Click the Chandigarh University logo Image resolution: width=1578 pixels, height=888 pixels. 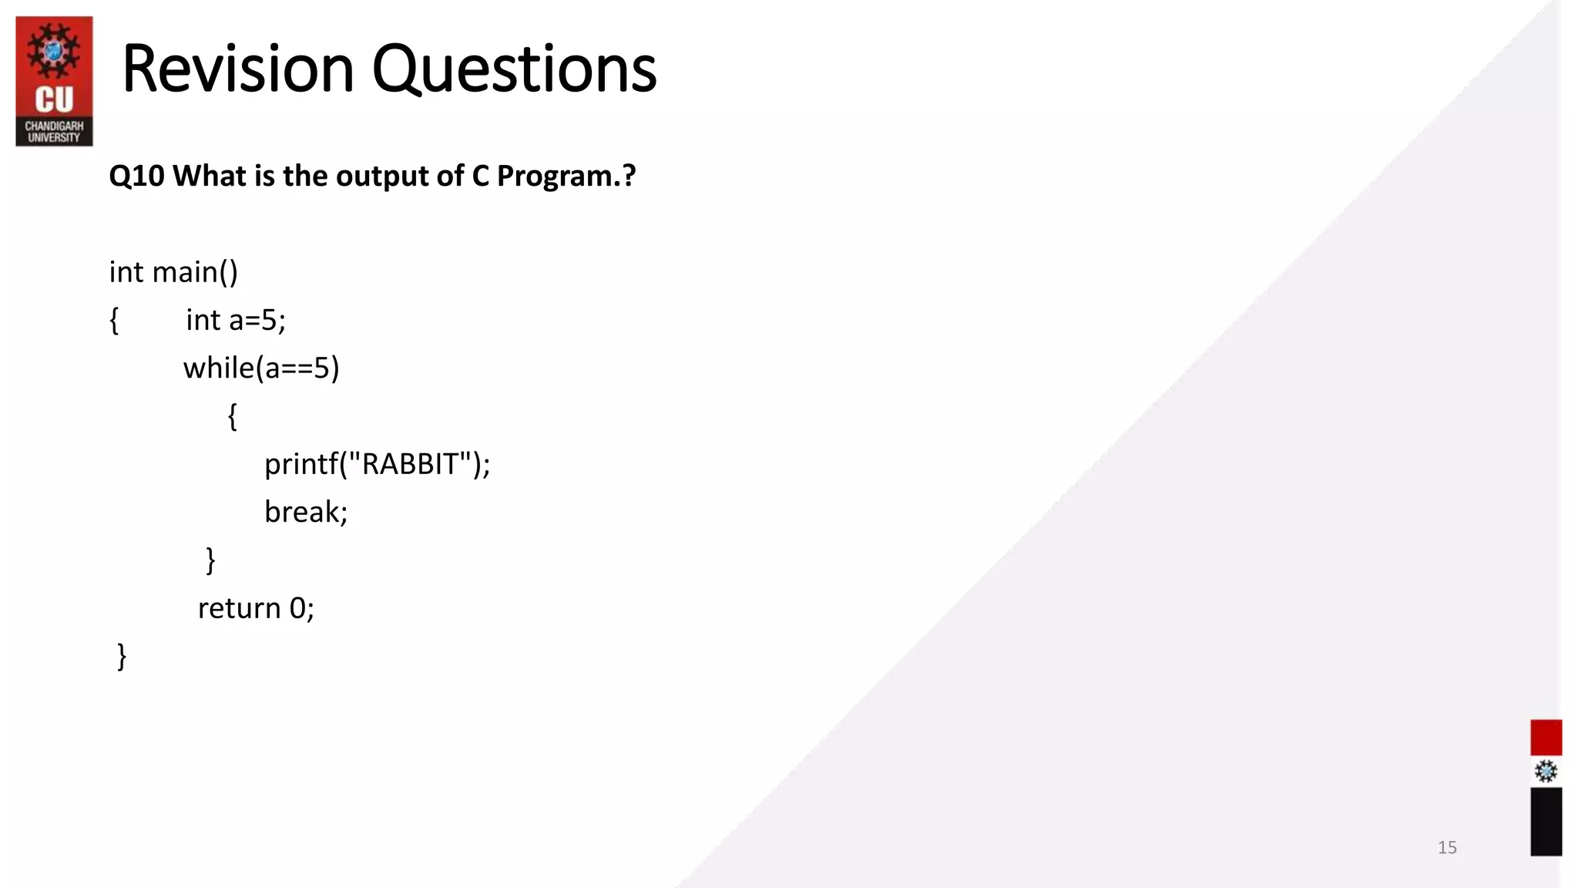[54, 81]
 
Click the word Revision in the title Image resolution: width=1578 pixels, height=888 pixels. [237, 69]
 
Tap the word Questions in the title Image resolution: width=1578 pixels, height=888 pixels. [514, 69]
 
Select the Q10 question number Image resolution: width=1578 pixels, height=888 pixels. [136, 177]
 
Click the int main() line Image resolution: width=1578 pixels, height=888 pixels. [173, 272]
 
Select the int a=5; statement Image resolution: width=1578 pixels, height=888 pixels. [236, 320]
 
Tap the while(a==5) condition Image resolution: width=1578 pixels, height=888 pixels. [261, 368]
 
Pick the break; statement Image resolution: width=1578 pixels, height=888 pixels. [306, 512]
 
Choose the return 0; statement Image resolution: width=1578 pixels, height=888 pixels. [256, 608]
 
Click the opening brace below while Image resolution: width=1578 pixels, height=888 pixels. [232, 416]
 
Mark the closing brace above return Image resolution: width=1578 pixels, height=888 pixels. [210, 560]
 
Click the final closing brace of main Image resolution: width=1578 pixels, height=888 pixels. [122, 657]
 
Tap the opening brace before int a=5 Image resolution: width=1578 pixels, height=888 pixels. [114, 320]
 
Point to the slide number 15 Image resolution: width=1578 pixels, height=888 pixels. [1447, 847]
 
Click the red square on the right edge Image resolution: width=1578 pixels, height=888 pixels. [1546, 738]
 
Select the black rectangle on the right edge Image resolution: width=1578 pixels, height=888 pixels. [1546, 821]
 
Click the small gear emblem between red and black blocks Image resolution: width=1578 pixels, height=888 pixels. [1546, 772]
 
